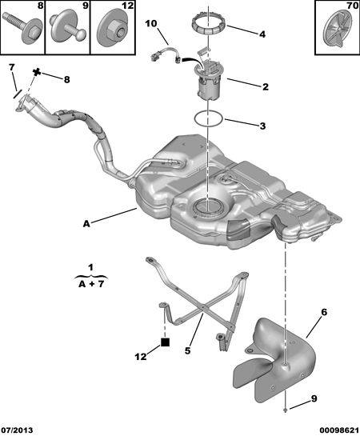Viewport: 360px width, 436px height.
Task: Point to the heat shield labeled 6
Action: coord(274,358)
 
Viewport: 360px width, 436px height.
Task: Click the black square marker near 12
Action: coord(165,342)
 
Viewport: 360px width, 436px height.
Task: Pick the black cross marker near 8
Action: coord(37,72)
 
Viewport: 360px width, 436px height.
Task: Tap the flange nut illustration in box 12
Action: coord(114,29)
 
